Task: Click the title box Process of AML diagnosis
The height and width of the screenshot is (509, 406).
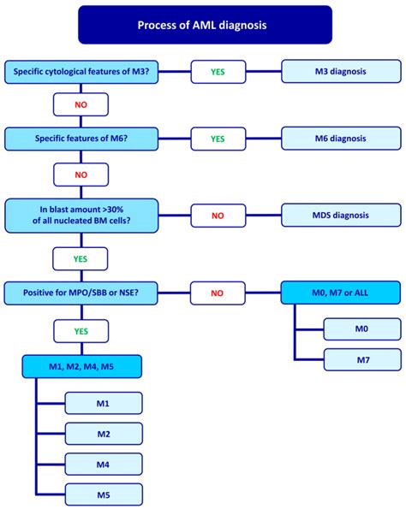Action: click(202, 25)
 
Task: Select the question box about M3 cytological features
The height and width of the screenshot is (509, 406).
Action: click(81, 73)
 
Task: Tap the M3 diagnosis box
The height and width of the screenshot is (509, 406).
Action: click(341, 73)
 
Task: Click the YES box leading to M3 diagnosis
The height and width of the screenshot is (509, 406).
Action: click(218, 73)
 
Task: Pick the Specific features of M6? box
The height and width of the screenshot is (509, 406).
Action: click(81, 138)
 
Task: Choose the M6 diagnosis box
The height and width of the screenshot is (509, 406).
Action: click(341, 138)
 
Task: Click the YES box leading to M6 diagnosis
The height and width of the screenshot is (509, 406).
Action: click(218, 138)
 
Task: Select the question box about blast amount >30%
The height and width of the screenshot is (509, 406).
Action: click(81, 214)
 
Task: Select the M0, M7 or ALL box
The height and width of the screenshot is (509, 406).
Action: click(341, 293)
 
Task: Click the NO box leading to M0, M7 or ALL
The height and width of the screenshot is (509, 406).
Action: click(218, 293)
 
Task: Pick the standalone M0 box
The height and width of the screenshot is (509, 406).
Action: click(361, 328)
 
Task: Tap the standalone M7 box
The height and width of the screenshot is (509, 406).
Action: click(361, 359)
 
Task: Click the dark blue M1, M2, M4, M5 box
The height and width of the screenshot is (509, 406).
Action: click(81, 368)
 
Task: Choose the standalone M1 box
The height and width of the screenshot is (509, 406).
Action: click(103, 404)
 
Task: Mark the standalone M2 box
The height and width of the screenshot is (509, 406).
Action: click(103, 434)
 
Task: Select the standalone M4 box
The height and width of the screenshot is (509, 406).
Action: click(103, 464)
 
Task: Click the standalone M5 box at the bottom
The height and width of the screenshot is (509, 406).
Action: click(103, 494)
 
